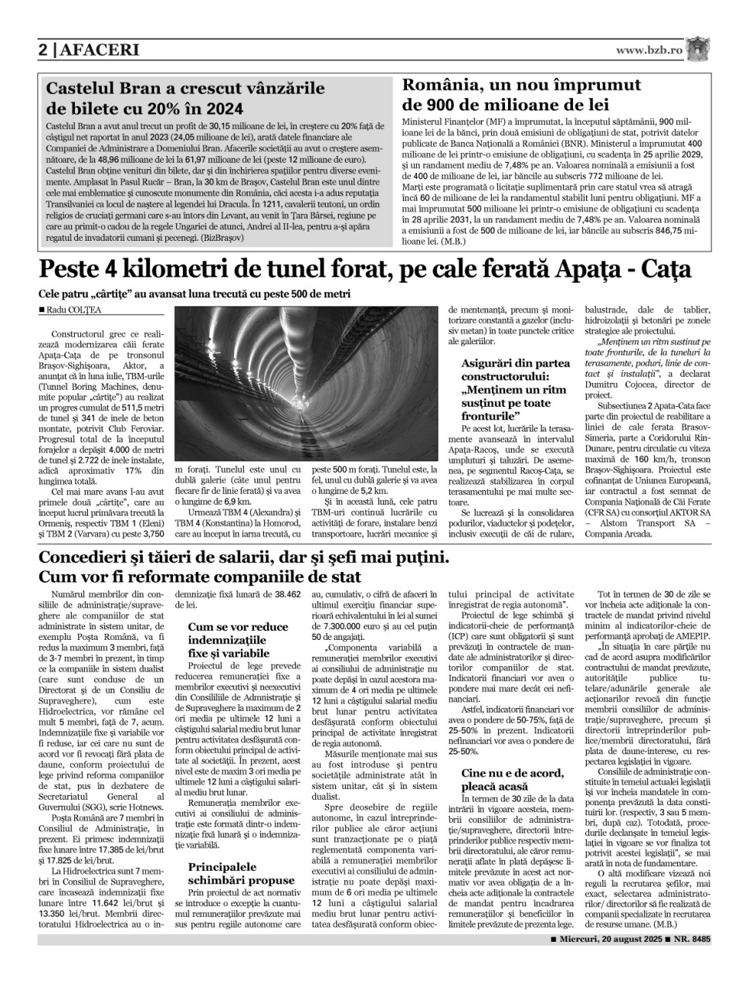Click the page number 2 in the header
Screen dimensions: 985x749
(44, 50)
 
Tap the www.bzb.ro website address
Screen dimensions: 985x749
(649, 49)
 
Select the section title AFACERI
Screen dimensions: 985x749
(98, 50)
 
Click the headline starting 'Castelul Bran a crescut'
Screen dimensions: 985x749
(186, 89)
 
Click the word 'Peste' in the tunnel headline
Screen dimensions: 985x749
(76, 271)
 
